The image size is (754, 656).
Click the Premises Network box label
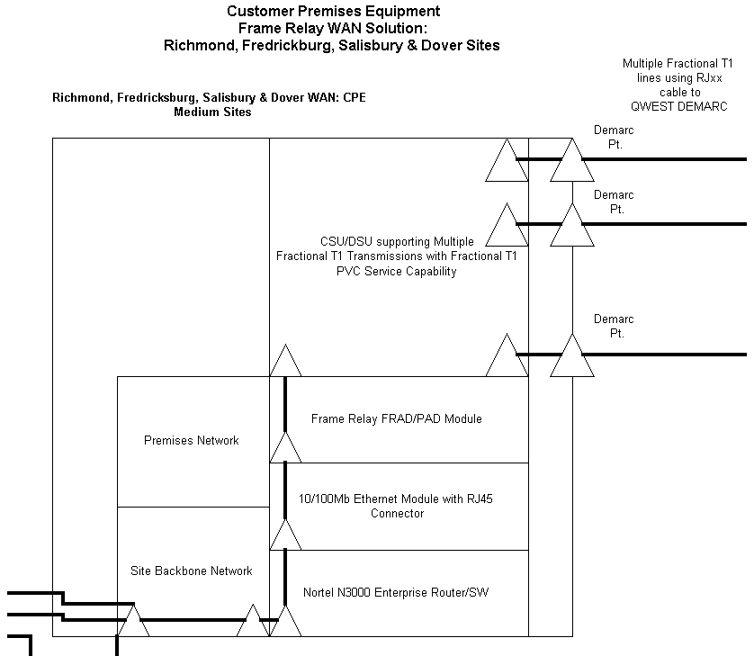(x=192, y=441)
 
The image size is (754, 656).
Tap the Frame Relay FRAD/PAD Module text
(x=396, y=418)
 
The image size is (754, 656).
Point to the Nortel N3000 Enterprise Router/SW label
(x=397, y=592)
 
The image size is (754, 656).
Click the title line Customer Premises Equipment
(x=333, y=12)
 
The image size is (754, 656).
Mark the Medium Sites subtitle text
(x=212, y=112)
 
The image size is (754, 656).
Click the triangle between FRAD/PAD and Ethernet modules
(x=285, y=447)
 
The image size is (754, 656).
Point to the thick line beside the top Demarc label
(x=666, y=159)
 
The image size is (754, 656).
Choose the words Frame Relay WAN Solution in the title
(x=333, y=28)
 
